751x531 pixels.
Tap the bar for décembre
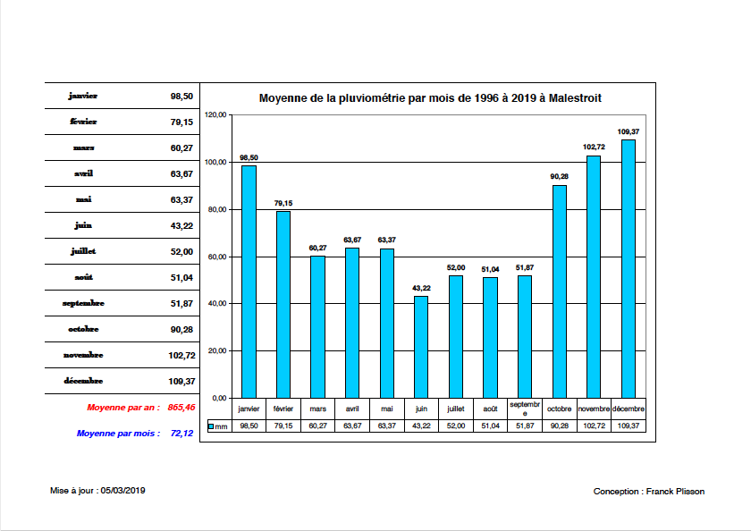[x=629, y=268]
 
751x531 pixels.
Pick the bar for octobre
[x=560, y=291]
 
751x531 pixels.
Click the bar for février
[x=283, y=304]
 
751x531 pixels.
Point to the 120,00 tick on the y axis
[x=216, y=115]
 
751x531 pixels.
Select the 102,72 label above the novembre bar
[x=594, y=147]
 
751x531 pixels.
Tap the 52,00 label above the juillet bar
[x=456, y=266]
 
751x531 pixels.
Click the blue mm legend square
[x=211, y=426]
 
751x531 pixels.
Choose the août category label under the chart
[x=490, y=409]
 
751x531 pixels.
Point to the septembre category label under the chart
[x=525, y=409]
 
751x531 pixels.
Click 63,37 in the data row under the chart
[x=386, y=426]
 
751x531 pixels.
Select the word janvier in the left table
[x=83, y=96]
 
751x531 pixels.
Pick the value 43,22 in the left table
[x=181, y=225]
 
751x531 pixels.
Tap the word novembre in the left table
[x=83, y=355]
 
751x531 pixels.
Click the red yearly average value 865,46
[x=181, y=408]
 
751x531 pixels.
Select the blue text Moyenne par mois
[x=118, y=434]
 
